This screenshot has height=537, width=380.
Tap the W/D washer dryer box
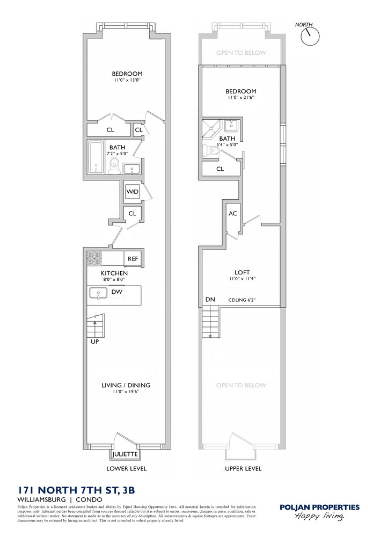(132, 192)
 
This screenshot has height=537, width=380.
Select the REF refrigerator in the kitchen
(133, 258)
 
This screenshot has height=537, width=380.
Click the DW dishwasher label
(117, 292)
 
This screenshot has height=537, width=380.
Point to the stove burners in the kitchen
(94, 258)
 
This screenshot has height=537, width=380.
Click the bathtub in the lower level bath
(97, 157)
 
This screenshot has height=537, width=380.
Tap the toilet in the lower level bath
(114, 166)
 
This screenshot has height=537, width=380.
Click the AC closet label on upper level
(233, 213)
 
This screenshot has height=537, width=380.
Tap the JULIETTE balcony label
(125, 454)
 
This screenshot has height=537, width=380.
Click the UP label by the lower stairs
(94, 341)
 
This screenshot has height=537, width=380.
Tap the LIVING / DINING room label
(126, 385)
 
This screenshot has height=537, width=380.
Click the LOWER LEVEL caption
(126, 468)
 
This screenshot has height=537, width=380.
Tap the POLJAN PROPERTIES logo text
(320, 506)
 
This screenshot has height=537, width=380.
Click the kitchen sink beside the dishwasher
(98, 293)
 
